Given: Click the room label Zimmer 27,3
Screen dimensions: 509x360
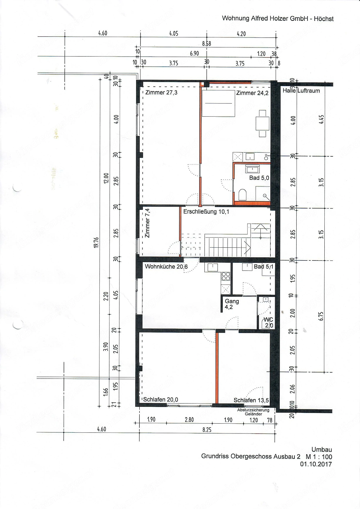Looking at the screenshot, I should (x=161, y=93).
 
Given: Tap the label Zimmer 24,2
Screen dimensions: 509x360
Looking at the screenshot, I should (x=252, y=93).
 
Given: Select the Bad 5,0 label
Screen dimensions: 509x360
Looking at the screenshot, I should (x=259, y=178).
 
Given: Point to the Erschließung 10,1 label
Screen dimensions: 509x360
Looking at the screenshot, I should (x=206, y=212).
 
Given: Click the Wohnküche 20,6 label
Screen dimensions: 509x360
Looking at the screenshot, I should (x=166, y=267).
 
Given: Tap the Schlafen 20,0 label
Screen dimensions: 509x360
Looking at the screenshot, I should (x=161, y=400).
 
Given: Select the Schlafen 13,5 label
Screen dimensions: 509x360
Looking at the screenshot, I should (x=251, y=400).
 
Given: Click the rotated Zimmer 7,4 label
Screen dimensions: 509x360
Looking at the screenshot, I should (x=147, y=223).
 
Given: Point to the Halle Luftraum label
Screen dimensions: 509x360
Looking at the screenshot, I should (x=301, y=91).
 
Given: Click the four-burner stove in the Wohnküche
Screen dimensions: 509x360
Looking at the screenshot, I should (x=226, y=276).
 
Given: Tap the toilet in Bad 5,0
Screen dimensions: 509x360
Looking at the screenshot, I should (x=242, y=195).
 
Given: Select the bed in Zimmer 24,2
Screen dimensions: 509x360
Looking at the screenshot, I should (x=218, y=103).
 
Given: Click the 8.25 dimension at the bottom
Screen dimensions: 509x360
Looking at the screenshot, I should (x=207, y=430).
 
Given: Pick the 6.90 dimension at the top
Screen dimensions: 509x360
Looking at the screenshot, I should (x=194, y=54).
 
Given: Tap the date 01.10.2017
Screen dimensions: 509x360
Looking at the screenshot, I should (x=316, y=464).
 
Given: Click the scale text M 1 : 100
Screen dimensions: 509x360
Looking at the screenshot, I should (x=319, y=457).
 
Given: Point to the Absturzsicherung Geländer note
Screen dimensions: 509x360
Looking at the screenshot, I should (x=253, y=412).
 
